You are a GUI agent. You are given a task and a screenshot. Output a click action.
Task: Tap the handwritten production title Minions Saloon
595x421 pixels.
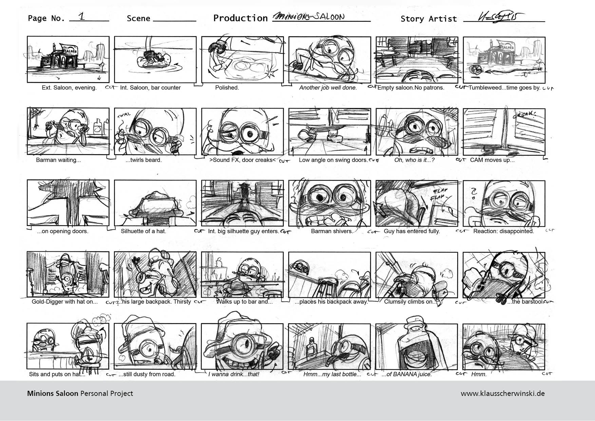pyautogui.click(x=309, y=17)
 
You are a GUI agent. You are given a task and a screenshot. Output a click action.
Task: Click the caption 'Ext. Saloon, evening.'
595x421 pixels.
pyautogui.click(x=69, y=88)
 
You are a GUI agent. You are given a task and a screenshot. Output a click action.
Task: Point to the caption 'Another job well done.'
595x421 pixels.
pyautogui.click(x=328, y=88)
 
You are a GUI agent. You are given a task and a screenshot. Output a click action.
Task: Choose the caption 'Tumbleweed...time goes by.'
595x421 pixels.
pyautogui.click(x=504, y=88)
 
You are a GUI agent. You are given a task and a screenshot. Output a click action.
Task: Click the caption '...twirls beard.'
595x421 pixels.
pyautogui.click(x=143, y=160)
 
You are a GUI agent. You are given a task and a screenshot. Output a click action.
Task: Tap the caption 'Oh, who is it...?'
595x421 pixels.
pyautogui.click(x=414, y=160)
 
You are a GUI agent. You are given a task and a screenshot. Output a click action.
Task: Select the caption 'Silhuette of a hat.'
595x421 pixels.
pyautogui.click(x=143, y=231)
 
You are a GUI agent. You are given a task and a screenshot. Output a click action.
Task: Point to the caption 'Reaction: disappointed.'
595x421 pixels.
pyautogui.click(x=503, y=231)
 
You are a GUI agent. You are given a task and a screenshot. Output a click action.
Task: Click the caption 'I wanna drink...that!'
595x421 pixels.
pyautogui.click(x=234, y=375)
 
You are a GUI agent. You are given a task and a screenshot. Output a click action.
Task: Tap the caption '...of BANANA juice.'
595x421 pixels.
pyautogui.click(x=406, y=375)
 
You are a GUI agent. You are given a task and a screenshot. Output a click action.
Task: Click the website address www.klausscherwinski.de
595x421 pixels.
pyautogui.click(x=503, y=394)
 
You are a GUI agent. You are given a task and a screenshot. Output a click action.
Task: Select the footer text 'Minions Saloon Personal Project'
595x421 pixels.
pyautogui.click(x=80, y=394)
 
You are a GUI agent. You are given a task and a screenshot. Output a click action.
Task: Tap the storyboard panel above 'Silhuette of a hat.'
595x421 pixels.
pyautogui.click(x=155, y=203)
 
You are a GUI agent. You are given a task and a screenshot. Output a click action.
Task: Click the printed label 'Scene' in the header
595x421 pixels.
pyautogui.click(x=138, y=18)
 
